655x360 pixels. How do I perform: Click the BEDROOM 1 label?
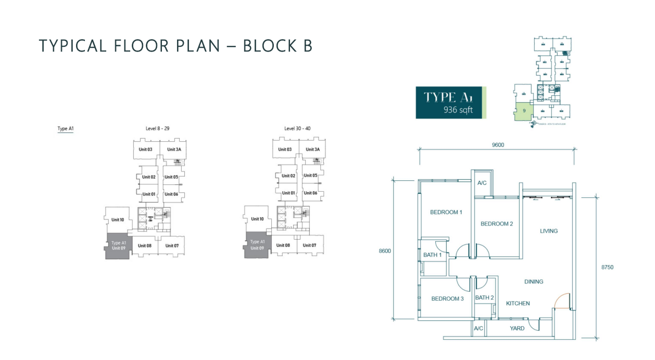pos(446,212)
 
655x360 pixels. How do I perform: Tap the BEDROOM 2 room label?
pos(496,224)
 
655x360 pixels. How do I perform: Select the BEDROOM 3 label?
pos(447,299)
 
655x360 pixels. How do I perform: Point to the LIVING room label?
pos(549,231)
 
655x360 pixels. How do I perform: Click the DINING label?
pos(534,281)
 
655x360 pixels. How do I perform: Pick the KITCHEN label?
pos(518,303)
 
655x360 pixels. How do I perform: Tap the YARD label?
pos(517,328)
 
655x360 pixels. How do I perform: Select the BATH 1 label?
pos(432,255)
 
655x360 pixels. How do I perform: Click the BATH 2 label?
pos(484,297)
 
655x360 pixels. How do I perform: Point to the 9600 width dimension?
pos(497,145)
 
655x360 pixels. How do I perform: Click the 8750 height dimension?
pos(607,267)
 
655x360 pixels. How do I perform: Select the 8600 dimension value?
pos(385,251)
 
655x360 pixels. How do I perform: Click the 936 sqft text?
pos(458,110)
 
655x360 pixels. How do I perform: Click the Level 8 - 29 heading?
pos(158,128)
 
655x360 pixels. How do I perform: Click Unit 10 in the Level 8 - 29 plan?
pos(118,219)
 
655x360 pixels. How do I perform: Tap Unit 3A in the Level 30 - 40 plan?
pos(312,150)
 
